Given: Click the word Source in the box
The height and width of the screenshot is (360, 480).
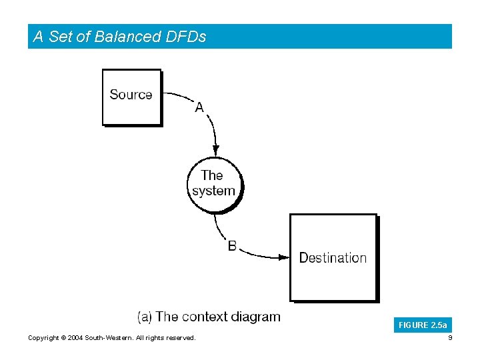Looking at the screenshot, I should click(131, 95).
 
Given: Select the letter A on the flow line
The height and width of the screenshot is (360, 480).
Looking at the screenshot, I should click(199, 107).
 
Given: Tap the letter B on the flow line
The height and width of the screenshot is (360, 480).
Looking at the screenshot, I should click(232, 246).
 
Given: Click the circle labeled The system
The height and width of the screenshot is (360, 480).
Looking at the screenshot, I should click(214, 184).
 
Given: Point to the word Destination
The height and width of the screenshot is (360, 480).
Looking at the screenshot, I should click(333, 258).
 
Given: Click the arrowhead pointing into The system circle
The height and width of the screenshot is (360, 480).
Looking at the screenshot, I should click(215, 151).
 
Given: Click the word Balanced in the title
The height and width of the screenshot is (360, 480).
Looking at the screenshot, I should click(127, 37).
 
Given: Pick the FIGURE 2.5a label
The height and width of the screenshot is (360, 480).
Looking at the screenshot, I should click(423, 325).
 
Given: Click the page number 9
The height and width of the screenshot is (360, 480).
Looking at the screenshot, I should click(450, 338).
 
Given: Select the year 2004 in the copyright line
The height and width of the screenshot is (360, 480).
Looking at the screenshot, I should click(73, 338).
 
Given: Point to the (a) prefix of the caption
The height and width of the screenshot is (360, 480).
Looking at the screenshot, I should click(145, 317).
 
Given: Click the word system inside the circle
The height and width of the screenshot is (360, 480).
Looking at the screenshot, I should click(214, 191).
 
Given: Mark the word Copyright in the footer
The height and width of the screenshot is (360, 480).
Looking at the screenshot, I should click(43, 338).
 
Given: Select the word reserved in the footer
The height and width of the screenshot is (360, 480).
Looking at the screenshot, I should click(180, 338).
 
